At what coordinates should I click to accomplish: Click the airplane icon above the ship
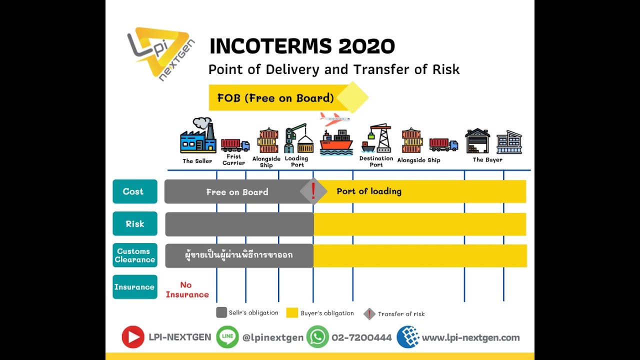(334, 118)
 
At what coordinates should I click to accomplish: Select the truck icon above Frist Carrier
(235, 145)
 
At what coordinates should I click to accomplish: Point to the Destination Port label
(376, 161)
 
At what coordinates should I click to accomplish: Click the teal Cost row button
(135, 191)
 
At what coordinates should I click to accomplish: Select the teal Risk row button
(135, 224)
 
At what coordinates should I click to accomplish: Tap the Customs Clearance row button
(135, 255)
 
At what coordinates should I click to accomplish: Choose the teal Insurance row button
(135, 287)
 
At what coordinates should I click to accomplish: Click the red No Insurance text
(187, 289)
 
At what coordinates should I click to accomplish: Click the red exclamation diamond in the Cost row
(313, 191)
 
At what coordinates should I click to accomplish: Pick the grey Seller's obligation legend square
(221, 312)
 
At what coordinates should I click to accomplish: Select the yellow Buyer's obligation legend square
(292, 313)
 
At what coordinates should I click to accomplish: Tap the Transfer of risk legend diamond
(369, 314)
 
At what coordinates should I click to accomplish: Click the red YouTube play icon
(133, 337)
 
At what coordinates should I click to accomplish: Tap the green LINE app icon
(227, 337)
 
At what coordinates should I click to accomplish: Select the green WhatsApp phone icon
(317, 337)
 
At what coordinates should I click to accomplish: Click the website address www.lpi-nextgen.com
(470, 337)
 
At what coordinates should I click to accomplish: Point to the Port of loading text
(369, 191)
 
